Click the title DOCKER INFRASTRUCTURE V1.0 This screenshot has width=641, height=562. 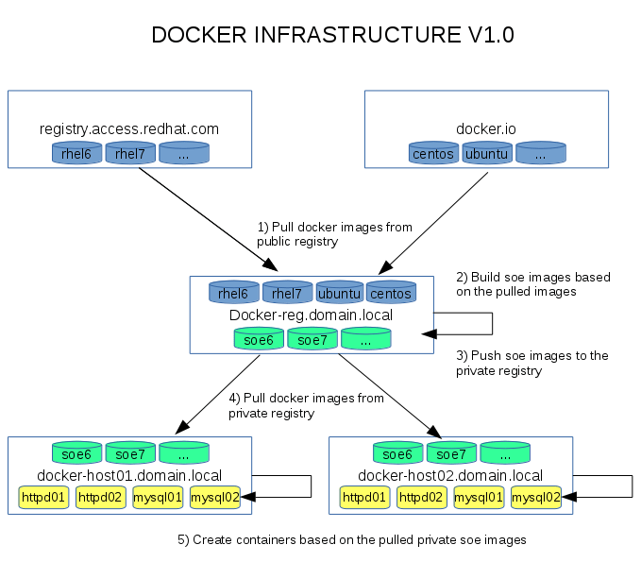point(332,36)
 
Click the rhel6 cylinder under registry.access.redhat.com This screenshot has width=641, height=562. point(76,152)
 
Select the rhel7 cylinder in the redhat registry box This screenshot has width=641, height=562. point(130,152)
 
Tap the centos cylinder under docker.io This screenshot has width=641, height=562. point(433,152)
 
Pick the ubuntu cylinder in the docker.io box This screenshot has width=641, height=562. point(487,152)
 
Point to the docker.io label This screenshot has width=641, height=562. point(486,128)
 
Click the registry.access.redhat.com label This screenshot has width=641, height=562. point(129,128)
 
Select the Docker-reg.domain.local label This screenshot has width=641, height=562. point(312,315)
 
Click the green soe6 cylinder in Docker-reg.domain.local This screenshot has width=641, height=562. point(259,338)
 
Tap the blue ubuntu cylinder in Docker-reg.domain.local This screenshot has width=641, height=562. point(339,293)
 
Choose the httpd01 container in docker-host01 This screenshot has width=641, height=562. point(43,496)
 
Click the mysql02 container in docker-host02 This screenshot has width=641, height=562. point(536,496)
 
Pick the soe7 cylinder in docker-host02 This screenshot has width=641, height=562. point(451,453)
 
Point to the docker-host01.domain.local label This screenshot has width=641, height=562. point(129,475)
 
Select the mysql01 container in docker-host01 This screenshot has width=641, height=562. point(158,496)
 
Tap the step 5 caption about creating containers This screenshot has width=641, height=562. point(352,539)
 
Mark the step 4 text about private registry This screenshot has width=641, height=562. point(306,405)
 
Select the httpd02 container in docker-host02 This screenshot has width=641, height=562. point(422,496)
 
